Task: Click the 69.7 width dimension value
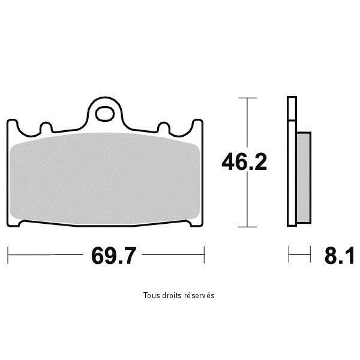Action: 113,256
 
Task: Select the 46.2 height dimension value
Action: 244,162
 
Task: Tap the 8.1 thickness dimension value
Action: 339,256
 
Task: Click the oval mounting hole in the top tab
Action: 105,114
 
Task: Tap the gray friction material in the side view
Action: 304,178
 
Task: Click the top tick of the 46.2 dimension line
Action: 247,98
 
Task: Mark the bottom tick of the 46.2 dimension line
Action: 247,227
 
